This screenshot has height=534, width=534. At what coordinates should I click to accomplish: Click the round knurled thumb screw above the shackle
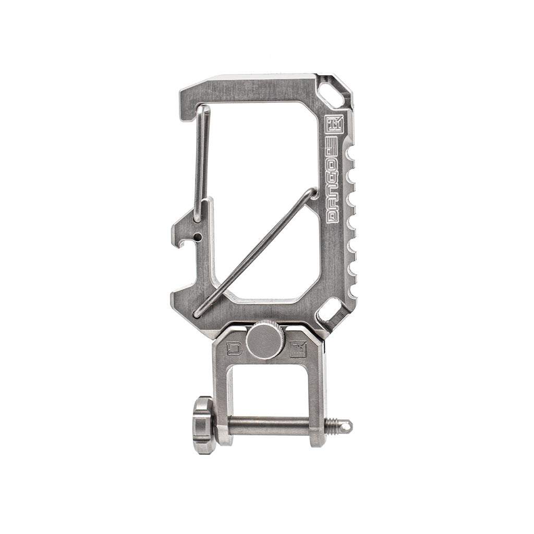click(x=265, y=341)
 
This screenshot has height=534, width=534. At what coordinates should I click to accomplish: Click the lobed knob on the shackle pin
click(x=204, y=424)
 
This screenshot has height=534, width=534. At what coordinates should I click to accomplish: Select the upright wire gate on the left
click(x=201, y=162)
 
